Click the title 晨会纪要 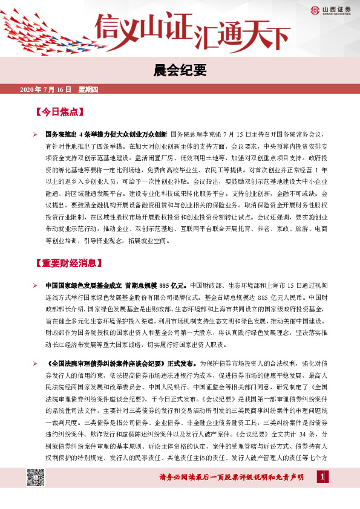click(x=180, y=70)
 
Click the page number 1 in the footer click(x=322, y=478)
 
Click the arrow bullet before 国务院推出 click(x=35, y=134)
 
